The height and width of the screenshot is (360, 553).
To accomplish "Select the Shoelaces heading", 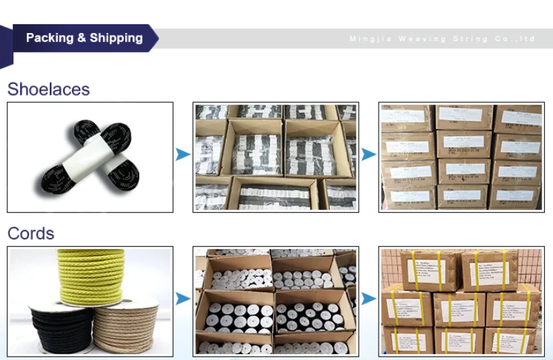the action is click(48, 89).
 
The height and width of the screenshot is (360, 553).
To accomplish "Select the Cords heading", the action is click(31, 233).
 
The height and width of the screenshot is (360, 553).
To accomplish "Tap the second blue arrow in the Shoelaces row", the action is click(368, 155).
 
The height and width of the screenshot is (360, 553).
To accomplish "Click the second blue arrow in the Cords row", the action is click(368, 298).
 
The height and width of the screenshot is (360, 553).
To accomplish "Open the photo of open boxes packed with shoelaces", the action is click(276, 157).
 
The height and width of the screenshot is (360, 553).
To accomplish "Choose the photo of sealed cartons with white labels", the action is click(461, 157).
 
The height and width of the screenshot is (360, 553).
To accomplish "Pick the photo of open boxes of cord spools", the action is click(276, 301).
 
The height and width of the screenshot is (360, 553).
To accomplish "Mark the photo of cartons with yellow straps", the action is click(461, 301).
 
